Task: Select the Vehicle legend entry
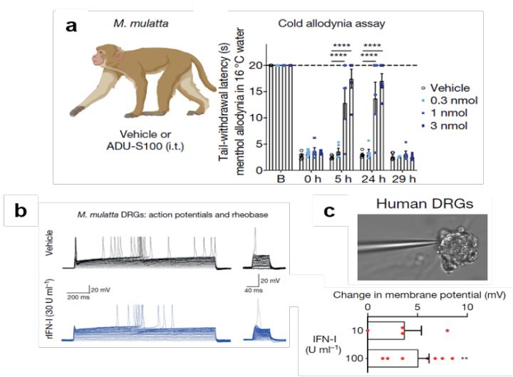[450, 87]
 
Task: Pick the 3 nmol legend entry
[450, 127]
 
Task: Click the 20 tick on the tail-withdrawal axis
[254, 65]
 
